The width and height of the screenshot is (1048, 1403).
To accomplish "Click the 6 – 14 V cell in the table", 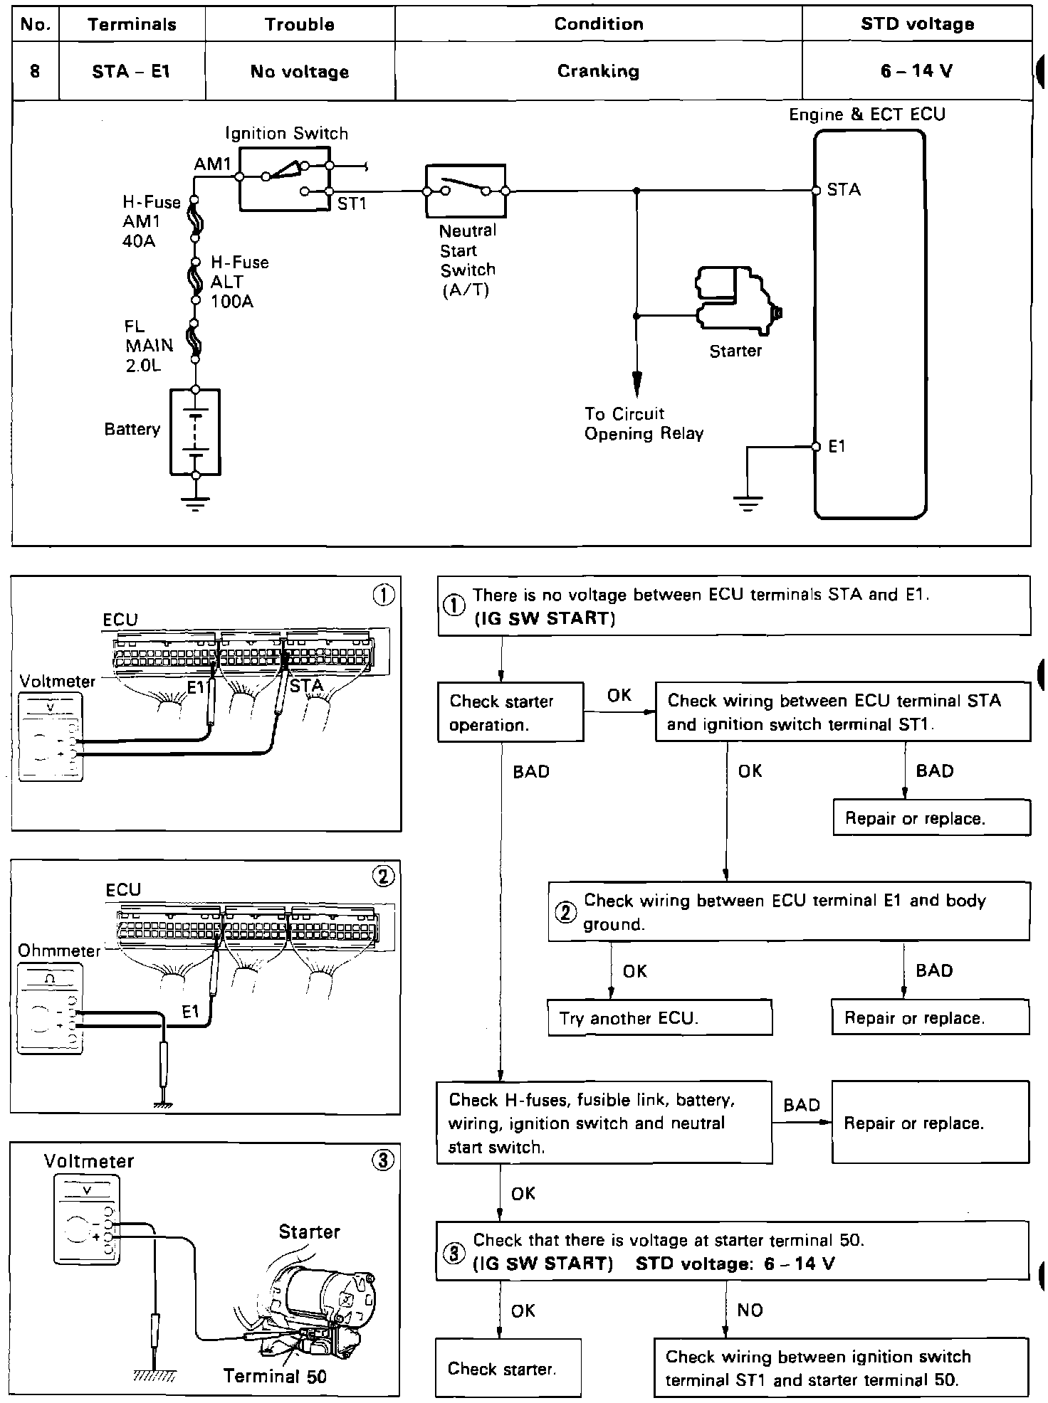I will coord(916,71).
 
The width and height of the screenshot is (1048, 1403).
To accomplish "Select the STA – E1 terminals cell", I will coord(132,71).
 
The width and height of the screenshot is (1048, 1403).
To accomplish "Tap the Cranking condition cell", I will coord(598,71).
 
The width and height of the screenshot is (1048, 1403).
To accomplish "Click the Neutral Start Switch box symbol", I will coord(466,191).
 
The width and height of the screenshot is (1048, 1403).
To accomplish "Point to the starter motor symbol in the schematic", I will coord(737,300).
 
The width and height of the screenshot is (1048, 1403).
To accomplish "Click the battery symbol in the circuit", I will coord(195,431).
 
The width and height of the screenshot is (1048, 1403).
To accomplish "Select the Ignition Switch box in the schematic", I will coord(285,179).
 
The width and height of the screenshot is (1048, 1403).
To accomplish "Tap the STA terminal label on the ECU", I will coord(844,189).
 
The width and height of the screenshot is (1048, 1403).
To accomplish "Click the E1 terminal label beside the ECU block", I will coord(837,447).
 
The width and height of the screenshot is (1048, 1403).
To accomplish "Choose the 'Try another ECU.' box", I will coord(659,1017).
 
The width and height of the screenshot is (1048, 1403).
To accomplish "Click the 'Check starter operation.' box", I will coord(510,712).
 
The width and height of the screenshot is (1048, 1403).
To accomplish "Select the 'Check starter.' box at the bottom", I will coord(508,1368).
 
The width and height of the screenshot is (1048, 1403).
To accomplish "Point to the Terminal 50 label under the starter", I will coord(275,1376).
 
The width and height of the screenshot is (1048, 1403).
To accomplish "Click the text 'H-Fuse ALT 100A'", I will coord(239,282).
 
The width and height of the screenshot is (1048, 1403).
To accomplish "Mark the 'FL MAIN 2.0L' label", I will coord(149,346).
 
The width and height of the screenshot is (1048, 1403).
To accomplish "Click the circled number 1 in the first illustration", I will coord(384,595).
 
